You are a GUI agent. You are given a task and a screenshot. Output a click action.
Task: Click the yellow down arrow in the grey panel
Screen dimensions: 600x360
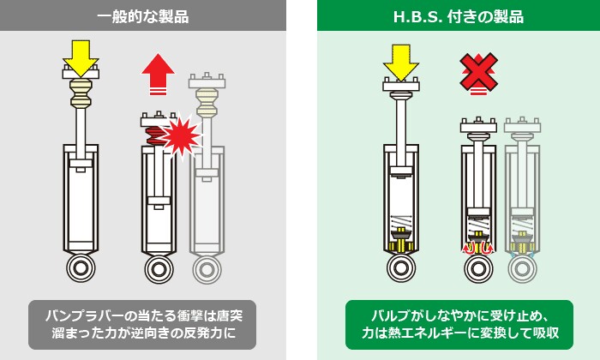pyautogui.click(x=81, y=58)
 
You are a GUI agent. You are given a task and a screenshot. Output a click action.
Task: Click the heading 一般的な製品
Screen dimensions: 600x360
pyautogui.click(x=143, y=17)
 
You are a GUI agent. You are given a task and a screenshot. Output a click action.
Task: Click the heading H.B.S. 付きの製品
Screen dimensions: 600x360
pyautogui.click(x=459, y=17)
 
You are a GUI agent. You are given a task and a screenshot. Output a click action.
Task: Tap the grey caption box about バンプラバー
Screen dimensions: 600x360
pyautogui.click(x=142, y=325)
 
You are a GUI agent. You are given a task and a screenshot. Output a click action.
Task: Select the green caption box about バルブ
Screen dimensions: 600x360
pyautogui.click(x=459, y=325)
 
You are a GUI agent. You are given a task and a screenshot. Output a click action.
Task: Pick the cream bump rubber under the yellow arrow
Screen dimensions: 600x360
pyautogui.click(x=81, y=93)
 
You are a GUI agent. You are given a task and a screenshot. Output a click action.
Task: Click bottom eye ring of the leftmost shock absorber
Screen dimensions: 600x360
pyautogui.click(x=81, y=268)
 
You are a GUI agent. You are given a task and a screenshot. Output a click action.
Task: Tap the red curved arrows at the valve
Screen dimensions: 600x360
pyautogui.click(x=478, y=248)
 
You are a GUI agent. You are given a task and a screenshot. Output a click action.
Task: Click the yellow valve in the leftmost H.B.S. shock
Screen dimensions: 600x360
pyautogui.click(x=401, y=240)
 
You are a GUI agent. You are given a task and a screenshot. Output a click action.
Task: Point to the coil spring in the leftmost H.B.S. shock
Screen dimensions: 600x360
pyautogui.click(x=400, y=221)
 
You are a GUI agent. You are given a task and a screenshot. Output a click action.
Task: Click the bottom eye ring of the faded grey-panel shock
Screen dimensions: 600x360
pyautogui.click(x=207, y=270)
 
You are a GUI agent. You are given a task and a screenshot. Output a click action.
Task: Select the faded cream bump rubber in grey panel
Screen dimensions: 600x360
pyautogui.click(x=207, y=103)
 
